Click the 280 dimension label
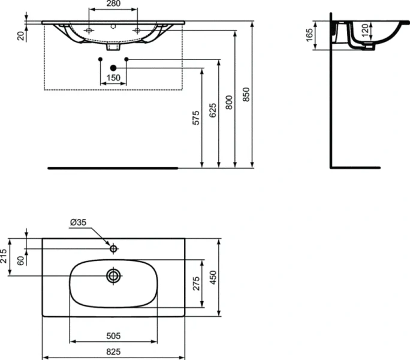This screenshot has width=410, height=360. [113, 4]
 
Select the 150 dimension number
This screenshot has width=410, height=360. [113, 77]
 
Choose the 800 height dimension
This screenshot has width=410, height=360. [229, 101]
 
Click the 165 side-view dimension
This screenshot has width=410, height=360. [310, 35]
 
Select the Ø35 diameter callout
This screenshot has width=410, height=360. [79, 222]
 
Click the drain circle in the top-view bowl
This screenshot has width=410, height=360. [113, 276]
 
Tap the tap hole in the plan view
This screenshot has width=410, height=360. [113, 247]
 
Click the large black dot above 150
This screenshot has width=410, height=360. [113, 68]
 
